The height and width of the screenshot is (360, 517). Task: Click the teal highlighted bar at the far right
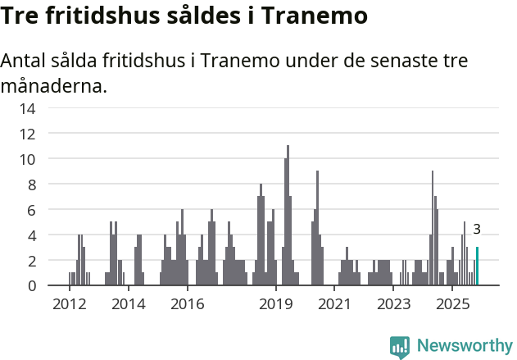(x=478, y=267)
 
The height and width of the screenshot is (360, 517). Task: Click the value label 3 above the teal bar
(x=477, y=230)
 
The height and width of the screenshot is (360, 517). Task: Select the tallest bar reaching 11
(x=288, y=216)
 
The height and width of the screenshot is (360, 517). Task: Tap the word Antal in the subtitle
(x=24, y=62)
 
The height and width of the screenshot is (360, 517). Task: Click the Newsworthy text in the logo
(x=465, y=345)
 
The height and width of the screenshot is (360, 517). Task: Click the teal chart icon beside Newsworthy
(x=400, y=346)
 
